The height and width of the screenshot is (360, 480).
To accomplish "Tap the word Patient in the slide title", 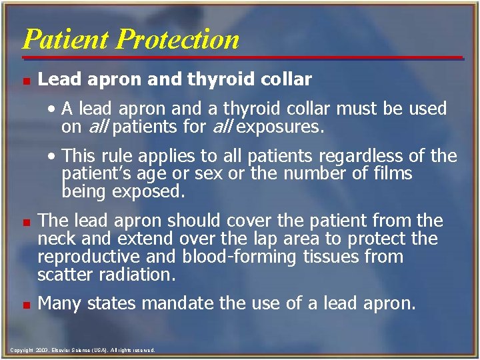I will tap(67, 39).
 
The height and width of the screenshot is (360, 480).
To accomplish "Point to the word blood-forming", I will tap(213, 257).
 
